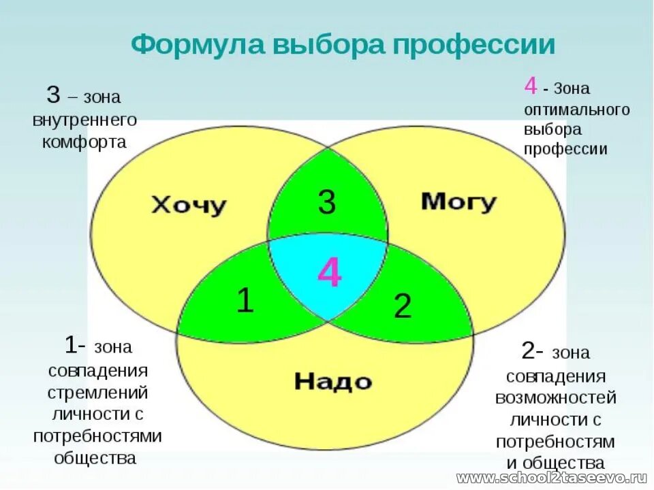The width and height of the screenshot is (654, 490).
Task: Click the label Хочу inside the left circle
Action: [x=188, y=205]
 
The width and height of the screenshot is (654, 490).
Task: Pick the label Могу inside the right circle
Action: [x=458, y=201]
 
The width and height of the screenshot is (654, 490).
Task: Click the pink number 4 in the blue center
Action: [x=330, y=274]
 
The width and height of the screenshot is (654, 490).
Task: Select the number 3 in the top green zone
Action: [x=327, y=203]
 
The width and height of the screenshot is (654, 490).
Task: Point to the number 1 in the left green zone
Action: [x=245, y=301]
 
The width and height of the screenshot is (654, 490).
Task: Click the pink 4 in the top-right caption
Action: [x=530, y=86]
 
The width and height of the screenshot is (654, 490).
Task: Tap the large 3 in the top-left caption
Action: [x=53, y=95]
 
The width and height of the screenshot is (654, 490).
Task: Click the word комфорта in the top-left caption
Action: [x=84, y=142]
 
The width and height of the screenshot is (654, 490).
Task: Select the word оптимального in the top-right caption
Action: [x=576, y=109]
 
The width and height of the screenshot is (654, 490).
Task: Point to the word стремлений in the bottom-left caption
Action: [x=98, y=393]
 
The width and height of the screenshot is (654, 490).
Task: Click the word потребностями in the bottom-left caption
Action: [x=97, y=436]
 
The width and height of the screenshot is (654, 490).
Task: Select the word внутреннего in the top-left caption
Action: [x=84, y=120]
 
